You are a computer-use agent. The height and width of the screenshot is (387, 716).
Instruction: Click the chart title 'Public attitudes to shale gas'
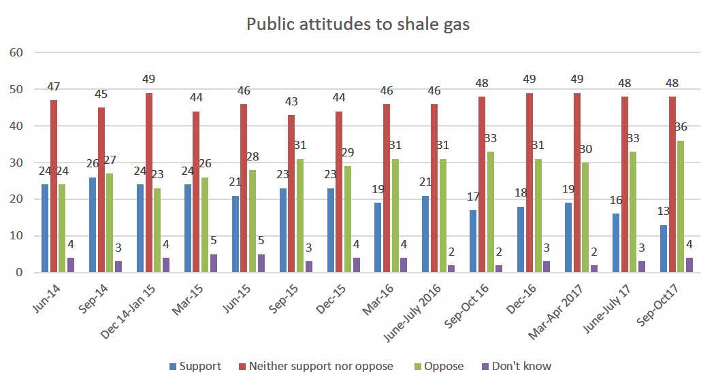pyautogui.click(x=358, y=24)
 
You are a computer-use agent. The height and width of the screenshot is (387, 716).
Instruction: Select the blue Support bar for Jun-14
pyautogui.click(x=44, y=229)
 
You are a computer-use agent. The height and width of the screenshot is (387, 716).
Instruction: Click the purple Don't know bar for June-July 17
pyautogui.click(x=640, y=267)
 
